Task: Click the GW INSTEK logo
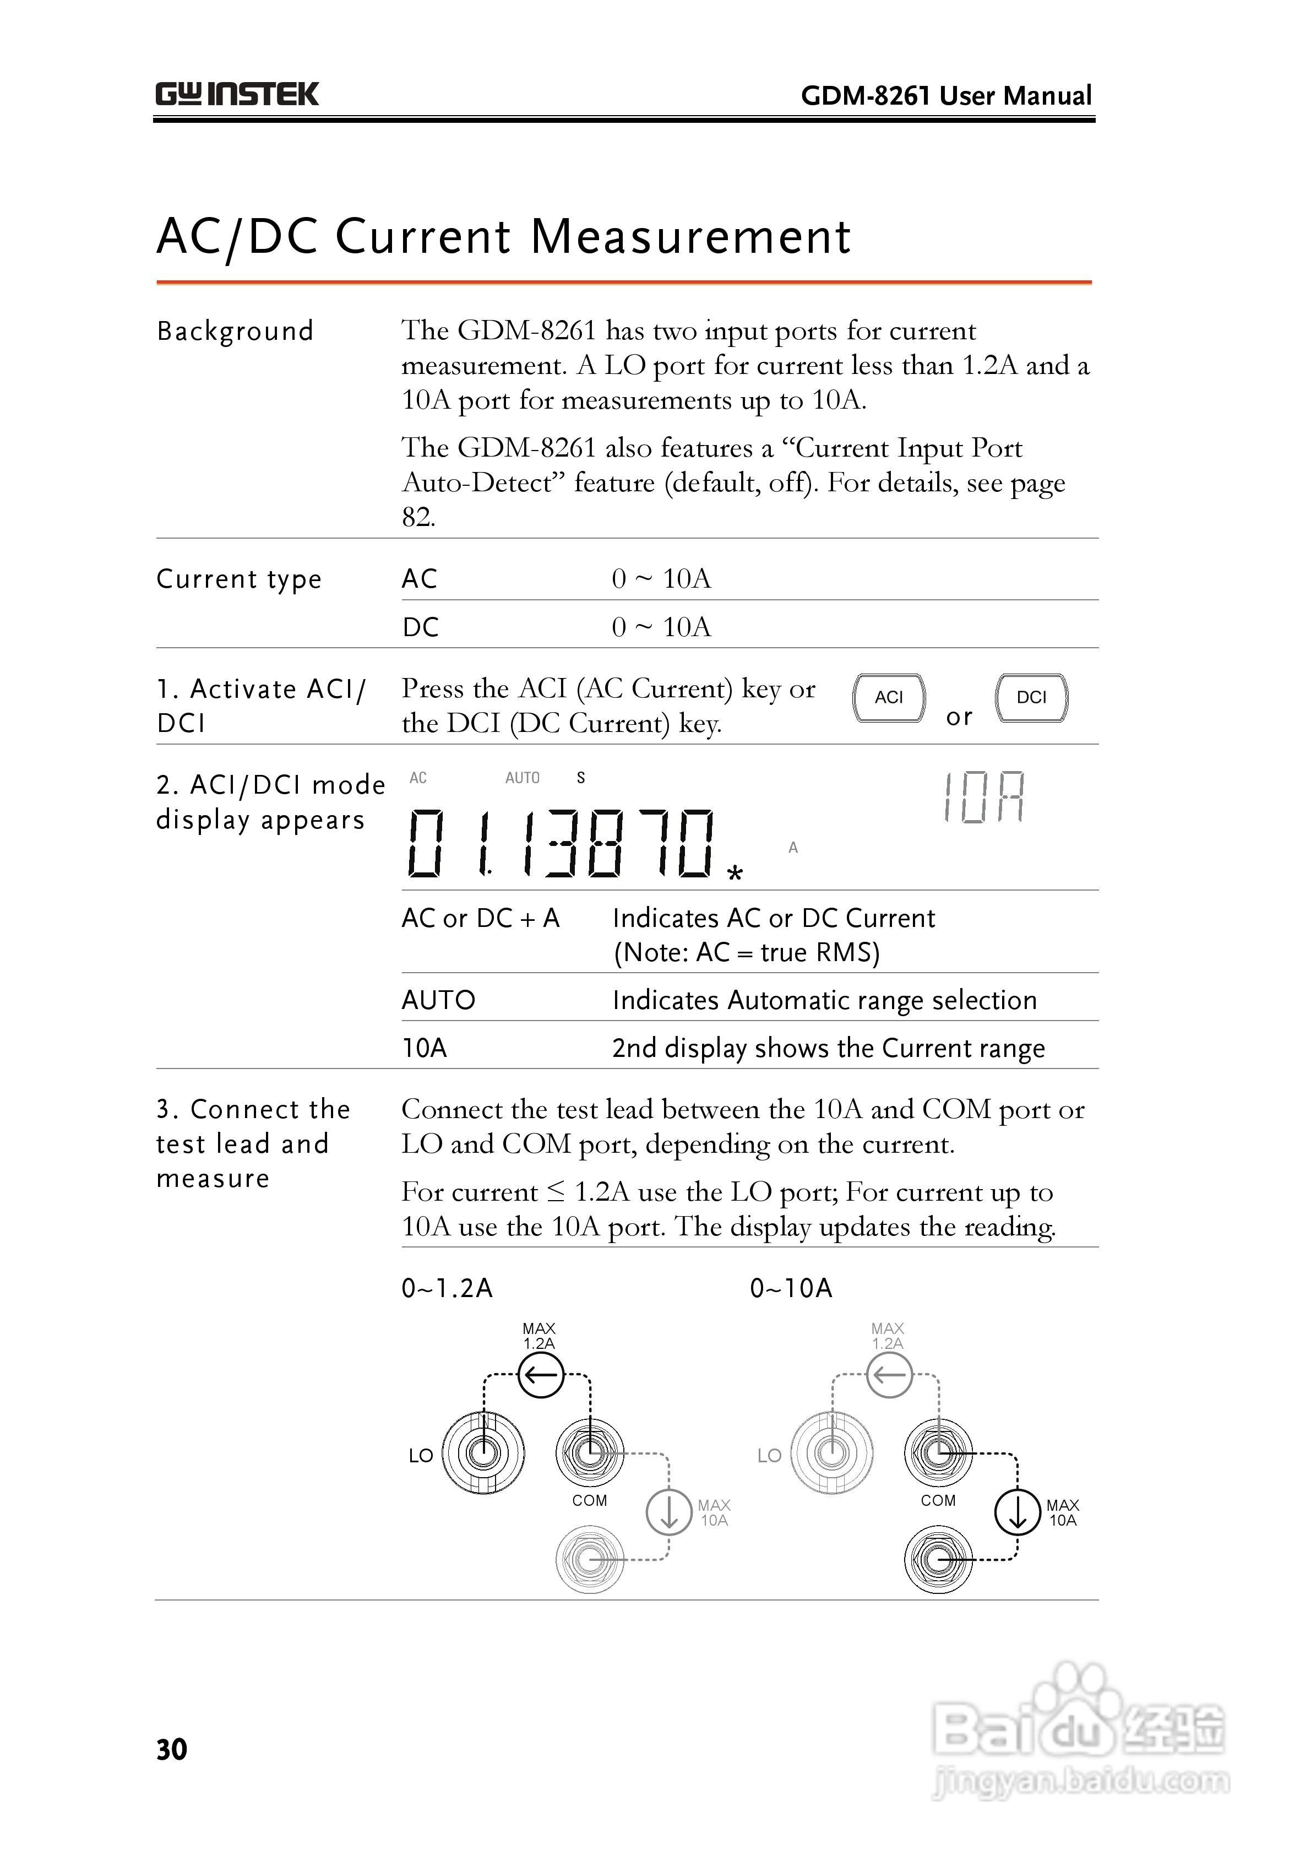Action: click(x=237, y=95)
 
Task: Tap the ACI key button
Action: click(x=889, y=697)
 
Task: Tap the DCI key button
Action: click(x=1031, y=697)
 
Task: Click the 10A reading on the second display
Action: click(x=984, y=798)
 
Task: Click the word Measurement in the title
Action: click(x=690, y=237)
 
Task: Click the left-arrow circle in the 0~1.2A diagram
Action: click(x=540, y=1374)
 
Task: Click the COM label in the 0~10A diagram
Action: click(x=938, y=1500)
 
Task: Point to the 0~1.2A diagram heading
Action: click(x=447, y=1288)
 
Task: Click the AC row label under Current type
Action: click(x=419, y=578)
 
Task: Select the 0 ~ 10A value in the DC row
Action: click(x=661, y=627)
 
